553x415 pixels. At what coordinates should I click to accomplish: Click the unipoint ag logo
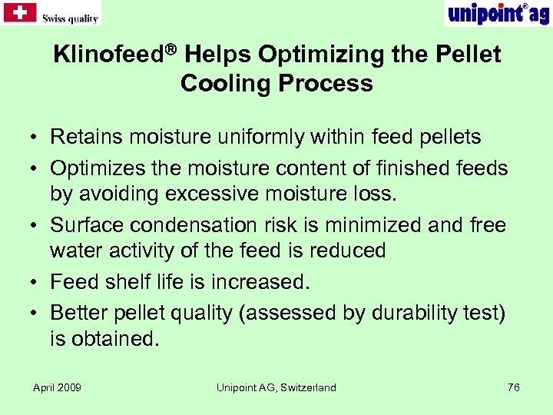click(497, 13)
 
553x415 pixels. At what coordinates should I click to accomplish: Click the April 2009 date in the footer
click(57, 387)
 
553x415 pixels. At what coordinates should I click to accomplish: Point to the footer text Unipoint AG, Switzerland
click(276, 387)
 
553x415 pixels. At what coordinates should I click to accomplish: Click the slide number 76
click(514, 387)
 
